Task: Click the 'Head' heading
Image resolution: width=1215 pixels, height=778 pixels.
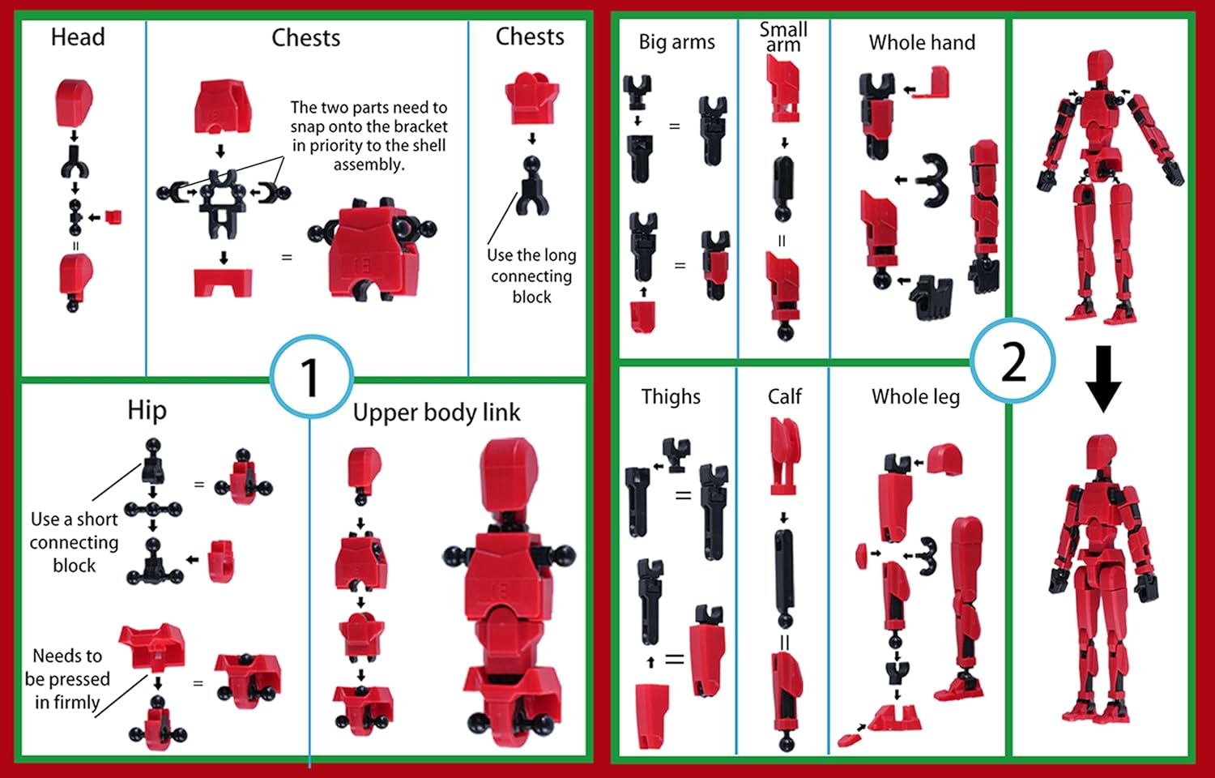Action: [x=78, y=37]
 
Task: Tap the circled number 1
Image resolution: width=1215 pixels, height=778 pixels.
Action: [x=311, y=377]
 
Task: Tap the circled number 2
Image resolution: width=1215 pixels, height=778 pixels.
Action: [x=1013, y=361]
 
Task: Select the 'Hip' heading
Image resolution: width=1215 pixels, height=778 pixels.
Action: [x=147, y=410]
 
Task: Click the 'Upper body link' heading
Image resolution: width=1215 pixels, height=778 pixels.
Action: [x=437, y=413]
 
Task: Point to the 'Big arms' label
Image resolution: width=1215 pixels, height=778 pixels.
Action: [x=676, y=42]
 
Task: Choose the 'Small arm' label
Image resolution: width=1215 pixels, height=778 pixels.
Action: [x=783, y=37]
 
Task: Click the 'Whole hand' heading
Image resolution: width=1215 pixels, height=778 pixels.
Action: [x=922, y=42]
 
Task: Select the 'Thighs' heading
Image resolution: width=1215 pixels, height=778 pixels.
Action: [x=671, y=396]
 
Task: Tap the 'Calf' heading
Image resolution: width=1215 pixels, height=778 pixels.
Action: [x=784, y=396]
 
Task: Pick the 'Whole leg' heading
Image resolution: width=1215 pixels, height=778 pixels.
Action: [x=915, y=396]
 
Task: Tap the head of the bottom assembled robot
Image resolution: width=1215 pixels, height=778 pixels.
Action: [x=1101, y=451]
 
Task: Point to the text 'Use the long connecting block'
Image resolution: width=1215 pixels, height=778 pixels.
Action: [x=531, y=276]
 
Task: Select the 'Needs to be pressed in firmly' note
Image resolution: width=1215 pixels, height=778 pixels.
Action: [x=67, y=678]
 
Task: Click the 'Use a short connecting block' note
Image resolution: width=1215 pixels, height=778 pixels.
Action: [x=74, y=541]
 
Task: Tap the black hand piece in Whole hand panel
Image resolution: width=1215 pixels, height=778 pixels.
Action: [x=932, y=295]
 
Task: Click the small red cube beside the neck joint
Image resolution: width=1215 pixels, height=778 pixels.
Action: [x=113, y=216]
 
